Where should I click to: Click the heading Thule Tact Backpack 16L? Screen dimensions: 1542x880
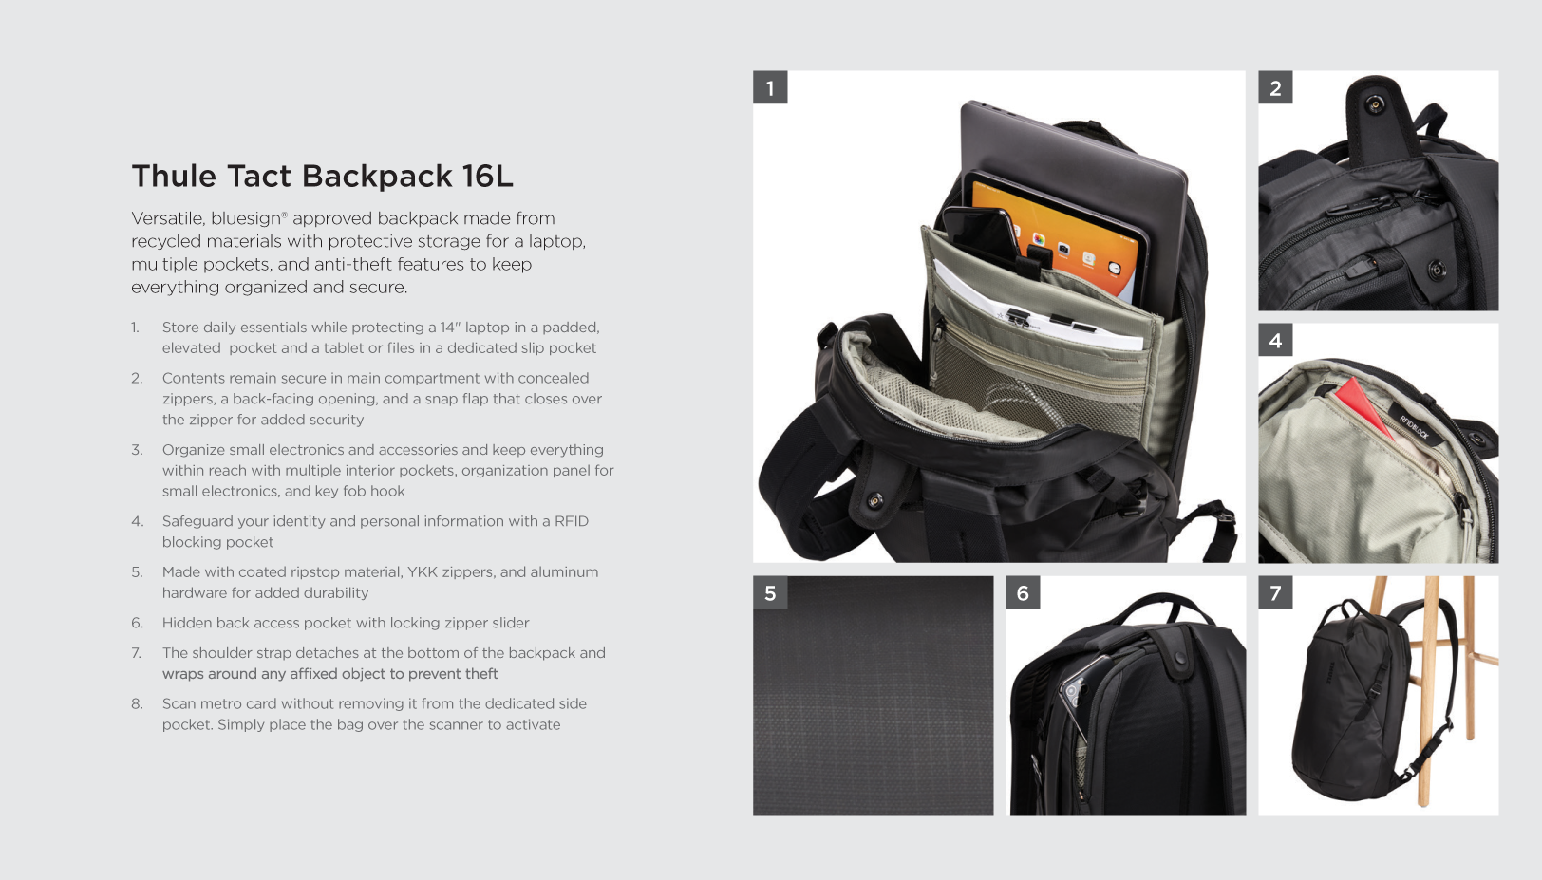click(x=322, y=177)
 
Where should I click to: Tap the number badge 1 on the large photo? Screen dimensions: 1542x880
click(x=770, y=88)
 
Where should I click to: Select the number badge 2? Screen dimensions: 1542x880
click(x=1275, y=88)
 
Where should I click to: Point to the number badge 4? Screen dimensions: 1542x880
click(x=1275, y=341)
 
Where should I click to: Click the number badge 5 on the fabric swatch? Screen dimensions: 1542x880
click(x=770, y=593)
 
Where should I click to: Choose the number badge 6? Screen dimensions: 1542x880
click(x=1023, y=593)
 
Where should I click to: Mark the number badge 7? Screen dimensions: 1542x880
click(x=1275, y=593)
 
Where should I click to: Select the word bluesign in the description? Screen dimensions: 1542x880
click(x=246, y=219)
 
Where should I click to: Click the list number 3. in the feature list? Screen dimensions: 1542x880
click(x=137, y=450)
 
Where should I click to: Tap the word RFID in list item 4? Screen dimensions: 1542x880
click(x=572, y=521)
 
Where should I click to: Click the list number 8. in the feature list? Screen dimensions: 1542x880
click(x=137, y=704)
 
